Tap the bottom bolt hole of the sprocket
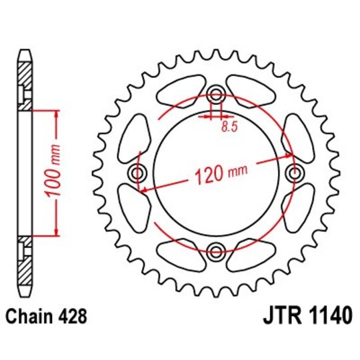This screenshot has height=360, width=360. (x=215, y=251)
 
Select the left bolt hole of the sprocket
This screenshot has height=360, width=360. (x=139, y=173)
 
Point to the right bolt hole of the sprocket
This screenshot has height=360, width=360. (x=293, y=173)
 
